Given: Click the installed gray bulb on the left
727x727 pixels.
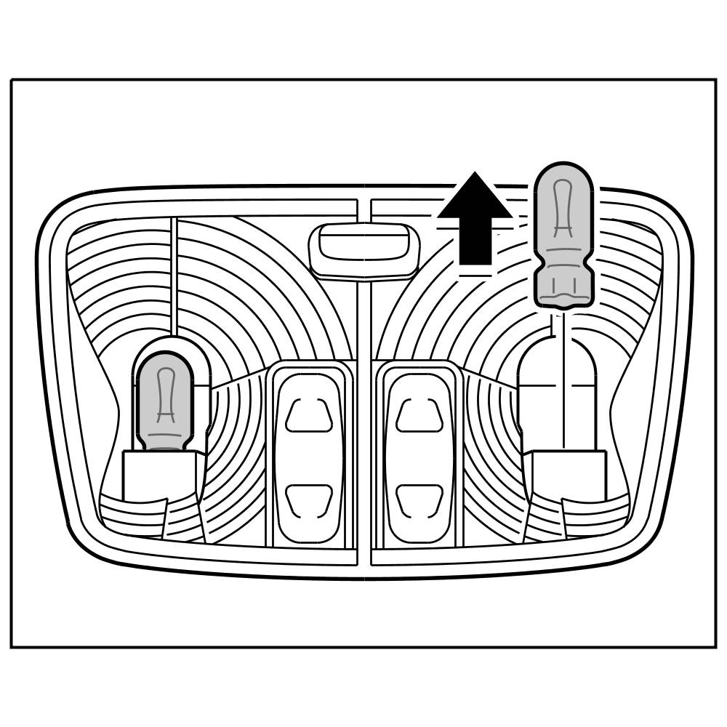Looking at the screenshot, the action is pyautogui.click(x=165, y=401).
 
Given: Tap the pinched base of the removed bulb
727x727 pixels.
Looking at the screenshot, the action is pyautogui.click(x=564, y=288).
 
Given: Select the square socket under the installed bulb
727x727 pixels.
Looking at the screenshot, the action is pyautogui.click(x=159, y=476).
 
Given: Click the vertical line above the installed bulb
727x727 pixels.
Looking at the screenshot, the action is pyautogui.click(x=173, y=276).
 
